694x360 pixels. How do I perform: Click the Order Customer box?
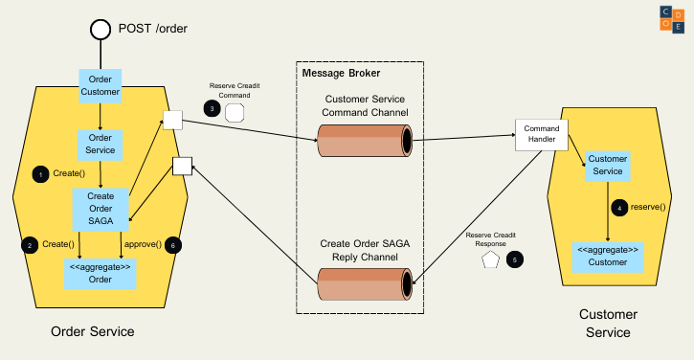(100, 85)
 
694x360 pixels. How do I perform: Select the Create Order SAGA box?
(100, 209)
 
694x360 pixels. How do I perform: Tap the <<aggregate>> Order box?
(100, 273)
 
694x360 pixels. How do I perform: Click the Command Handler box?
(542, 135)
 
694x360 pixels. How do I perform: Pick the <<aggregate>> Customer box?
(607, 256)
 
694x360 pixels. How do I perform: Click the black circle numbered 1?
(41, 174)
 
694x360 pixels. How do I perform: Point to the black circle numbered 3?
(212, 110)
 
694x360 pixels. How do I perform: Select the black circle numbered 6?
(172, 245)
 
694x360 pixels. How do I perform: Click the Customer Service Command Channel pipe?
(365, 142)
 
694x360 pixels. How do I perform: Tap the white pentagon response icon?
(491, 259)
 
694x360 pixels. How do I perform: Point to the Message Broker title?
(341, 74)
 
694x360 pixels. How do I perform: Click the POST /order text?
(152, 28)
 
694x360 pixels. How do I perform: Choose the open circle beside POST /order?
(101, 29)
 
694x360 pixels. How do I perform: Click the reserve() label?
(648, 207)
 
